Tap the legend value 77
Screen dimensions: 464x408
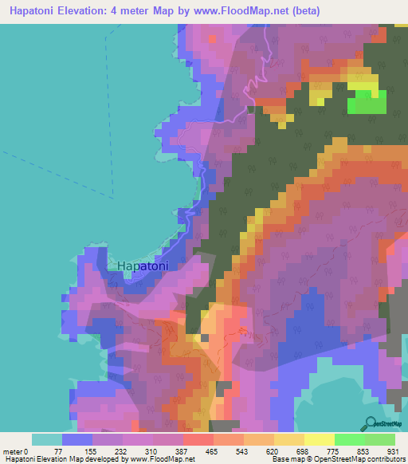pos(62,452)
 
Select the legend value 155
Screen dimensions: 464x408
pos(92,452)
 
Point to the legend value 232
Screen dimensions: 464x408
pos(124,452)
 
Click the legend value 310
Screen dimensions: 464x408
pos(154,452)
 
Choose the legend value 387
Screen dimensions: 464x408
pos(184,452)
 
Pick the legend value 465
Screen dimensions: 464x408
pos(214,452)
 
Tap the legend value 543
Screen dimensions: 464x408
pos(245,452)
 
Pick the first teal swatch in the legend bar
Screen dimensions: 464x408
pos(47,439)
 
